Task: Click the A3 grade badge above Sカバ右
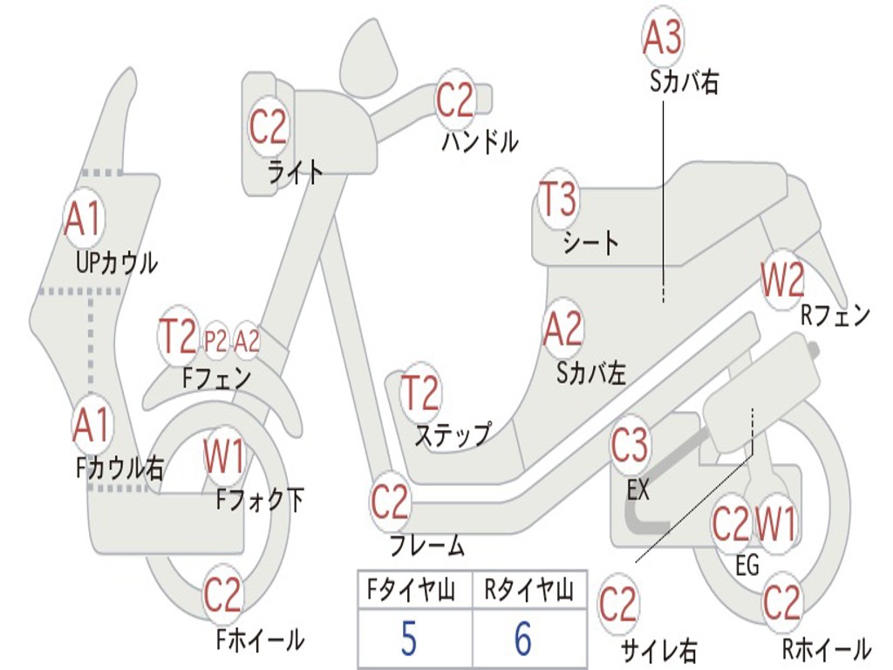click(x=663, y=37)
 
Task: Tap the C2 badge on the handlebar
click(x=454, y=100)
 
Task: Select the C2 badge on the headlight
click(x=268, y=126)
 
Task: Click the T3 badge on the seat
click(x=558, y=200)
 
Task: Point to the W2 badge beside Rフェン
click(x=782, y=280)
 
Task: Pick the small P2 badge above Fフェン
click(x=215, y=341)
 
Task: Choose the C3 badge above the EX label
click(x=630, y=446)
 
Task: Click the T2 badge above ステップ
click(x=420, y=393)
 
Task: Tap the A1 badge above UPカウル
click(x=84, y=219)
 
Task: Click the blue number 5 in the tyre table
click(x=408, y=639)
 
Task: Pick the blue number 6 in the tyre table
click(x=523, y=639)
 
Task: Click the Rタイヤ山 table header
click(x=528, y=591)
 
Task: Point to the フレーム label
click(x=426, y=545)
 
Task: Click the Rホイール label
click(x=827, y=649)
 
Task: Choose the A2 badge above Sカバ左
click(x=562, y=329)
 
